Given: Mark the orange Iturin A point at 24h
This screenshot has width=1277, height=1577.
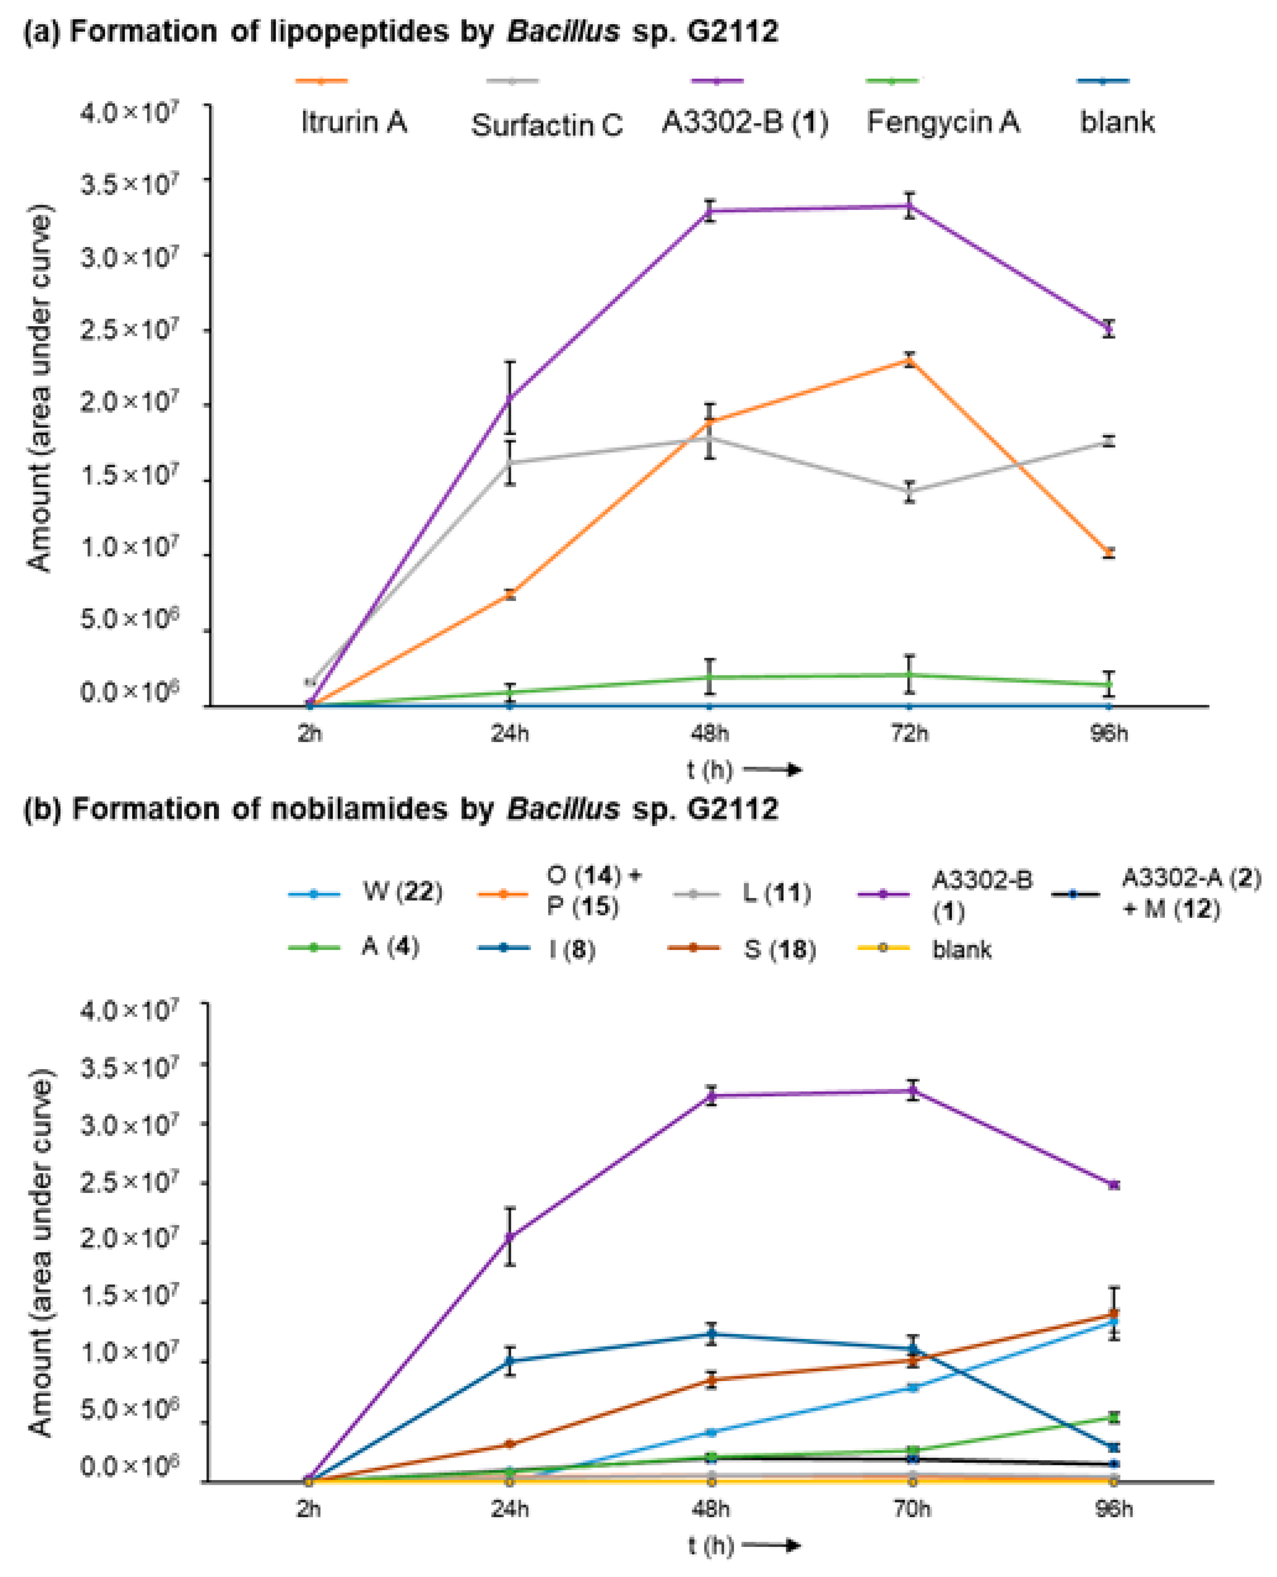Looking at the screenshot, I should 510,594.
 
